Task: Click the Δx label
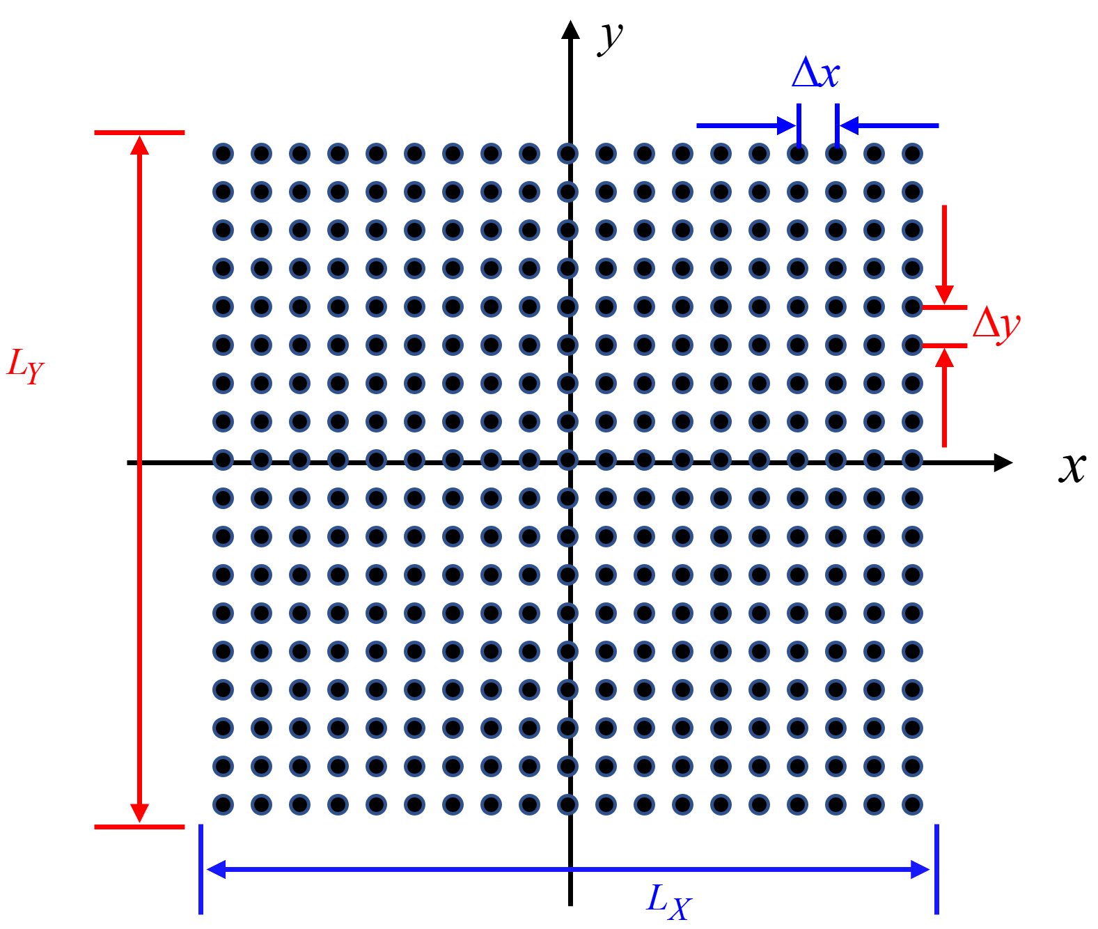coord(816,72)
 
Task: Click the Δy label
coord(997,324)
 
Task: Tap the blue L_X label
coord(669,902)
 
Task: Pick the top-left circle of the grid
coord(223,153)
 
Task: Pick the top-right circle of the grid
coord(912,153)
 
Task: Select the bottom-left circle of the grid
coord(223,804)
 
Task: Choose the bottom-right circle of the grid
coord(912,804)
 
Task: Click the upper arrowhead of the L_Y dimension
coord(140,145)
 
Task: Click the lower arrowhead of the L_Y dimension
coord(140,813)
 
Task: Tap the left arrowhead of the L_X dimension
coord(216,869)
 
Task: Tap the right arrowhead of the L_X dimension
coord(920,869)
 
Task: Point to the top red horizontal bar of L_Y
coord(139,132)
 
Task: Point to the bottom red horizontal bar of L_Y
coord(139,827)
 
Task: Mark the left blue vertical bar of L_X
coord(201,869)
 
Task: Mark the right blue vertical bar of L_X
coord(936,869)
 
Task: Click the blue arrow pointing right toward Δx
coord(745,126)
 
